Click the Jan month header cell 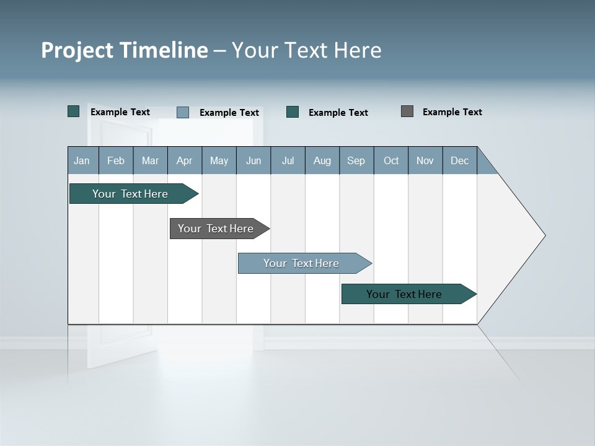tap(82, 160)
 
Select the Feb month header tap(116, 160)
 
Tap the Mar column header tap(150, 160)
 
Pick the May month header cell tap(219, 160)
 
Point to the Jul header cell tap(288, 160)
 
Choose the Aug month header tap(322, 160)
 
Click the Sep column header tap(356, 160)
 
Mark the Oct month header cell tap(391, 160)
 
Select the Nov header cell tap(425, 160)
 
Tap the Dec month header tap(460, 160)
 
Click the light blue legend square tap(183, 112)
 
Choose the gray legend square tap(407, 111)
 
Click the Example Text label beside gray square tap(452, 112)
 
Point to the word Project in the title tap(77, 50)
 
